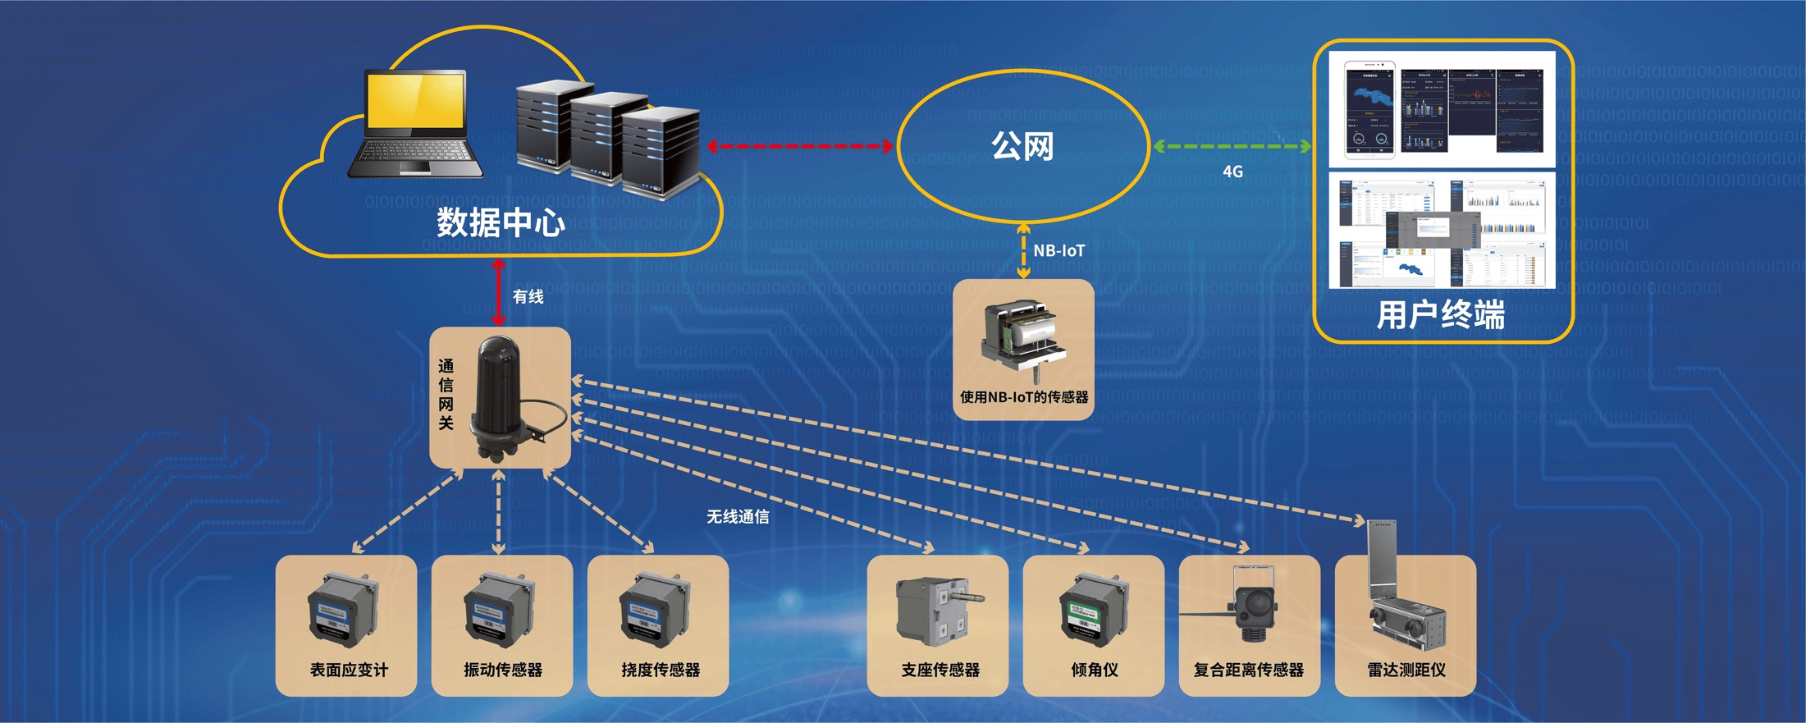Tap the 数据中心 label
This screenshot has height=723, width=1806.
click(501, 222)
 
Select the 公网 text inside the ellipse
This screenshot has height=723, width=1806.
click(1022, 146)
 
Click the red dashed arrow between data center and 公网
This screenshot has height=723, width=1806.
click(801, 146)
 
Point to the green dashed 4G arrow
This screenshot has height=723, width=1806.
click(1232, 147)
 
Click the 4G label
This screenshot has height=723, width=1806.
click(1232, 172)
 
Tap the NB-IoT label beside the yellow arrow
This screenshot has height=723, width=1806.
click(1058, 251)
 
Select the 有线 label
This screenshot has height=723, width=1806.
click(528, 296)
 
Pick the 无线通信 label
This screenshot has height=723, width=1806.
click(738, 516)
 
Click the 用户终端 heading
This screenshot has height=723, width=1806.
click(1440, 314)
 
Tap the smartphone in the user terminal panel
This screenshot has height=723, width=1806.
click(1369, 110)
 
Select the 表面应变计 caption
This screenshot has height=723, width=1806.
click(349, 670)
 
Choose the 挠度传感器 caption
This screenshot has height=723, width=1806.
click(661, 670)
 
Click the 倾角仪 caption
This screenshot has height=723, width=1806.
click(1094, 670)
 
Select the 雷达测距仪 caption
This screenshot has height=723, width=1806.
click(1406, 670)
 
